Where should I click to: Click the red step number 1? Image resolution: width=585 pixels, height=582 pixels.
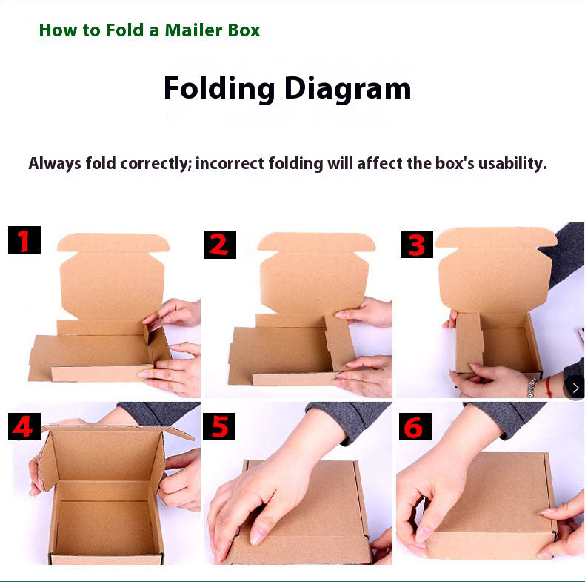tap(24, 240)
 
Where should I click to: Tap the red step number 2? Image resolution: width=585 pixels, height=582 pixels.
tap(219, 245)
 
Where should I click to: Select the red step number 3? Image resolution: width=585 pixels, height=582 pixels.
tap(416, 245)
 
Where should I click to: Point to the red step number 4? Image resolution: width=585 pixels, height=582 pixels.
tap(23, 426)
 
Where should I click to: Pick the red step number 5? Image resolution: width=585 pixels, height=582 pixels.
tap(219, 426)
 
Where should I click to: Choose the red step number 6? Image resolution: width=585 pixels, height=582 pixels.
tap(415, 426)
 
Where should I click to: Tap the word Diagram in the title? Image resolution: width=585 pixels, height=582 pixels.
tap(348, 89)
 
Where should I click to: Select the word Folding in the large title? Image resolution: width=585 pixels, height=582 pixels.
tap(219, 89)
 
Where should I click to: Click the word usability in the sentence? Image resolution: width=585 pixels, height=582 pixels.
tap(512, 164)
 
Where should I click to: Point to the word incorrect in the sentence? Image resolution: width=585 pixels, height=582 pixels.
tap(230, 164)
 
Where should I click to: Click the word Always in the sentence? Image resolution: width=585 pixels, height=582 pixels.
tap(55, 164)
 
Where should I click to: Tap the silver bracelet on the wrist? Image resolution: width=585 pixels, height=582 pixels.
tap(532, 387)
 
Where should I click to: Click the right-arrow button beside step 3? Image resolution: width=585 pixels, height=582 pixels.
tap(575, 388)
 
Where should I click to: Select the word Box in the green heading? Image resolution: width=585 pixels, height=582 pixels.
tap(244, 30)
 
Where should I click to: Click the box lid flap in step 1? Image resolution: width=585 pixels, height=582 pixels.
tap(113, 276)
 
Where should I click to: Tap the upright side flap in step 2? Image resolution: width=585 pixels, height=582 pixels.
tap(339, 343)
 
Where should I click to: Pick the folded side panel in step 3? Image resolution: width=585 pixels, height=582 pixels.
tap(469, 343)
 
